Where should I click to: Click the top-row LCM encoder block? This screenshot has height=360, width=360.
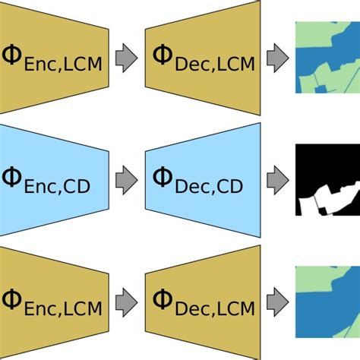(54, 58)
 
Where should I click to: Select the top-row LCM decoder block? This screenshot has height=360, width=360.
(203, 58)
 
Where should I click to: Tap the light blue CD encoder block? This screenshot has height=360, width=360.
(54, 180)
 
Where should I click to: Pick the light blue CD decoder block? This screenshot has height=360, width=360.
(203, 180)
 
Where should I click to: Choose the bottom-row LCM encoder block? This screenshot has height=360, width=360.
(54, 302)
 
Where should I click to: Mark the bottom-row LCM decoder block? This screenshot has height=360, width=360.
(203, 302)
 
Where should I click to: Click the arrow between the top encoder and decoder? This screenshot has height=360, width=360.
(127, 58)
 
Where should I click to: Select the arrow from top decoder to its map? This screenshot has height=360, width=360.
(278, 58)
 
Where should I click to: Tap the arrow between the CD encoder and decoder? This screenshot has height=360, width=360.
(127, 180)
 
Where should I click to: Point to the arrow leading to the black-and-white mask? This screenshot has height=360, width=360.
(278, 180)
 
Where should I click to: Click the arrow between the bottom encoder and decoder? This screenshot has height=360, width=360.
(127, 302)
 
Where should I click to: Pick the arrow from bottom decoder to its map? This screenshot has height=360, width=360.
(278, 302)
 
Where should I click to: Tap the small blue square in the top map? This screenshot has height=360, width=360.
(321, 90)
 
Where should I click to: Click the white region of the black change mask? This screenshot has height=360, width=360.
(329, 200)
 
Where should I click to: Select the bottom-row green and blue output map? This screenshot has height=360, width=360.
(327, 302)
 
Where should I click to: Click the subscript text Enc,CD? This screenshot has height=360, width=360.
(57, 187)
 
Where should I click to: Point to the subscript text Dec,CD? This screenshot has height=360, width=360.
(209, 187)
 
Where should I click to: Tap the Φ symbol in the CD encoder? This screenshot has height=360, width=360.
(11, 177)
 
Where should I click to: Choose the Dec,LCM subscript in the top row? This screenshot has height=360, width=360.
(215, 65)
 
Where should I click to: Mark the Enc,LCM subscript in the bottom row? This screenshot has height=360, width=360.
(63, 309)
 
